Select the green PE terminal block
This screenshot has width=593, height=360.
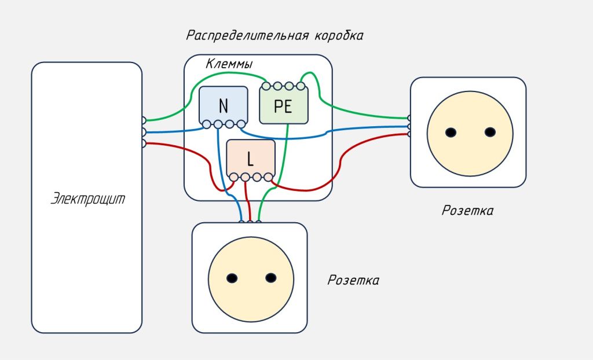(x=283, y=106)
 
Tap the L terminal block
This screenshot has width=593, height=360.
(x=250, y=158)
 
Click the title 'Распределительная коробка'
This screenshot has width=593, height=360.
(x=274, y=35)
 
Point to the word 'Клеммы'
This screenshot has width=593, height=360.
(x=229, y=64)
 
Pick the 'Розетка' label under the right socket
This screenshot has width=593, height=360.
(x=467, y=211)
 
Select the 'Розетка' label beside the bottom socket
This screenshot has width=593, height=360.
(x=353, y=281)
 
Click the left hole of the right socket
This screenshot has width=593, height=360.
(x=451, y=132)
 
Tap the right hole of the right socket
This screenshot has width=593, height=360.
(x=490, y=132)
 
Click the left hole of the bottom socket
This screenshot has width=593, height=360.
(x=231, y=278)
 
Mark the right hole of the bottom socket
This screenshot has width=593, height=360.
(x=270, y=278)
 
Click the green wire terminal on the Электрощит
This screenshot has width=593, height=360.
(x=144, y=120)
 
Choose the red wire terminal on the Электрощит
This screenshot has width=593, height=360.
(x=144, y=142)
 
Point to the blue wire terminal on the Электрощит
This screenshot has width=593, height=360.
(x=144, y=132)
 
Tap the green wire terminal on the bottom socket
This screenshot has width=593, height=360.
(x=258, y=221)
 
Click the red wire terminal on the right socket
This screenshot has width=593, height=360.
(x=409, y=134)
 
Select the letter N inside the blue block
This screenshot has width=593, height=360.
(x=223, y=106)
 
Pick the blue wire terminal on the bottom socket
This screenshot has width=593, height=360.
(x=241, y=221)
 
